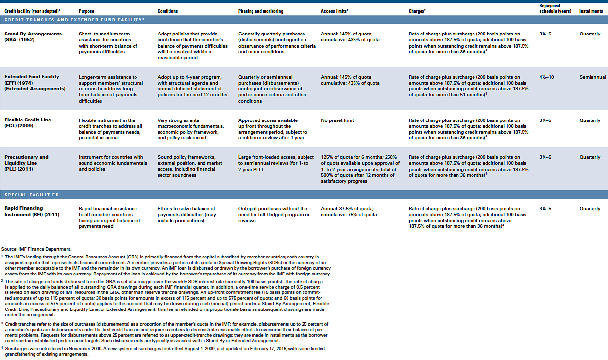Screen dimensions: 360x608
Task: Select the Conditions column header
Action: (168, 11)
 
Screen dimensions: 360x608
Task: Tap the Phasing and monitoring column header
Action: (261, 11)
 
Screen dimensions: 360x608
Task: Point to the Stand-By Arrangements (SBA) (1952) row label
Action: (33, 37)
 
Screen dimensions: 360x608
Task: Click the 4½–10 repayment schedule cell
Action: (547, 77)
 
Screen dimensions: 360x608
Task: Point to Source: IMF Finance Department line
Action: (36, 249)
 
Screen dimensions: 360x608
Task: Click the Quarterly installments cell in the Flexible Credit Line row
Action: (590, 120)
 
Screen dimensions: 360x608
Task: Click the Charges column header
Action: (417, 11)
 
